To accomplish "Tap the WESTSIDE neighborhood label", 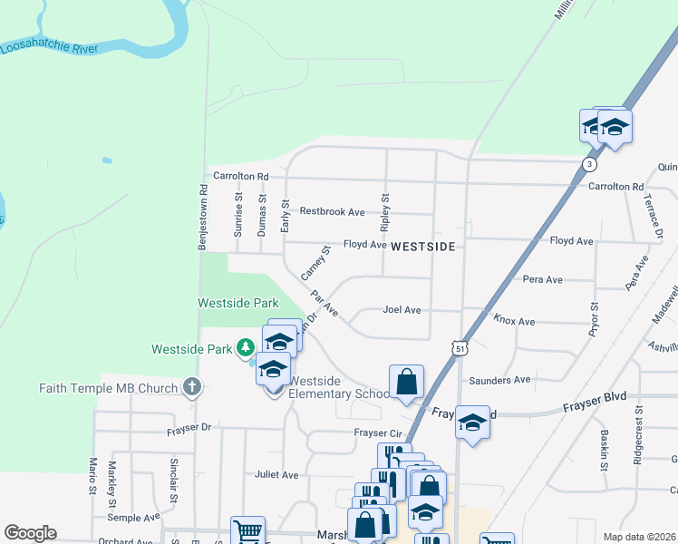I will (422, 246).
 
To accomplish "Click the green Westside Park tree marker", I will (245, 348).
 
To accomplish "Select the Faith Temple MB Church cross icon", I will (191, 388).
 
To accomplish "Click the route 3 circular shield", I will (590, 164).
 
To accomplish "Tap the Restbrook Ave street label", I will (332, 212).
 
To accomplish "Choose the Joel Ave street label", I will (402, 310).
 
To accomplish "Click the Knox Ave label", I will (514, 321).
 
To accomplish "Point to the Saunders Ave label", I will (500, 380).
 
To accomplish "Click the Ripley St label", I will (385, 209).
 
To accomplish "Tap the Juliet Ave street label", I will (276, 474).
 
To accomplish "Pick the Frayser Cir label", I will (376, 432).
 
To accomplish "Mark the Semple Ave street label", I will (133, 517).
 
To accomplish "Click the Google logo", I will (30, 533).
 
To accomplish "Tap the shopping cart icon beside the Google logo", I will (247, 529).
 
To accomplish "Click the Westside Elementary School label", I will (340, 387).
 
